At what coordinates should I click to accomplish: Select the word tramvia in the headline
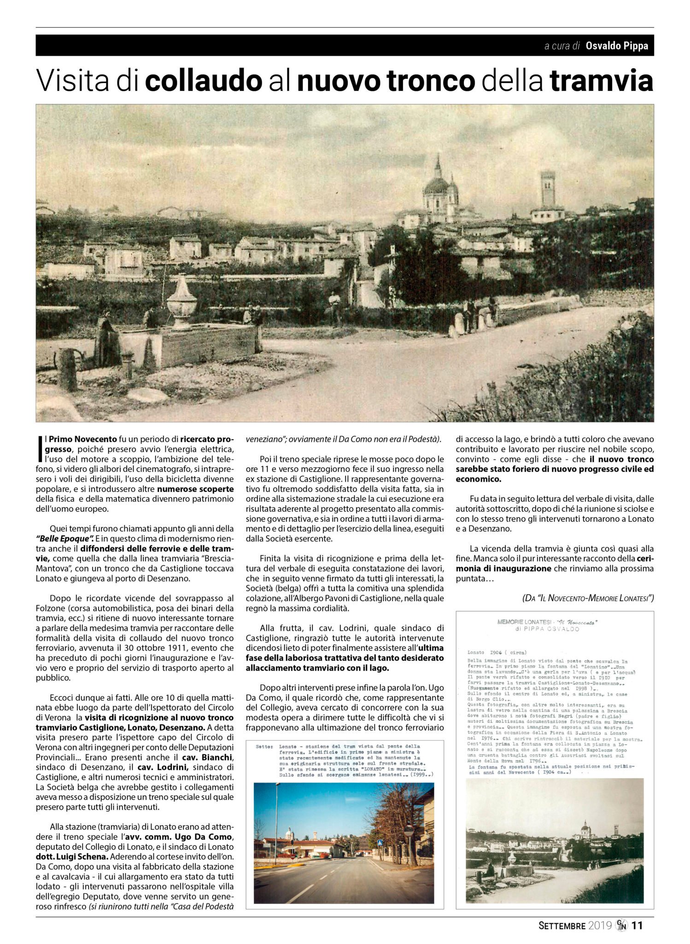[601, 81]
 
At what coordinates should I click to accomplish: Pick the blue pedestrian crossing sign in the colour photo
[381, 843]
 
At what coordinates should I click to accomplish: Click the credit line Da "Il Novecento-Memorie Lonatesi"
[588, 598]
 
